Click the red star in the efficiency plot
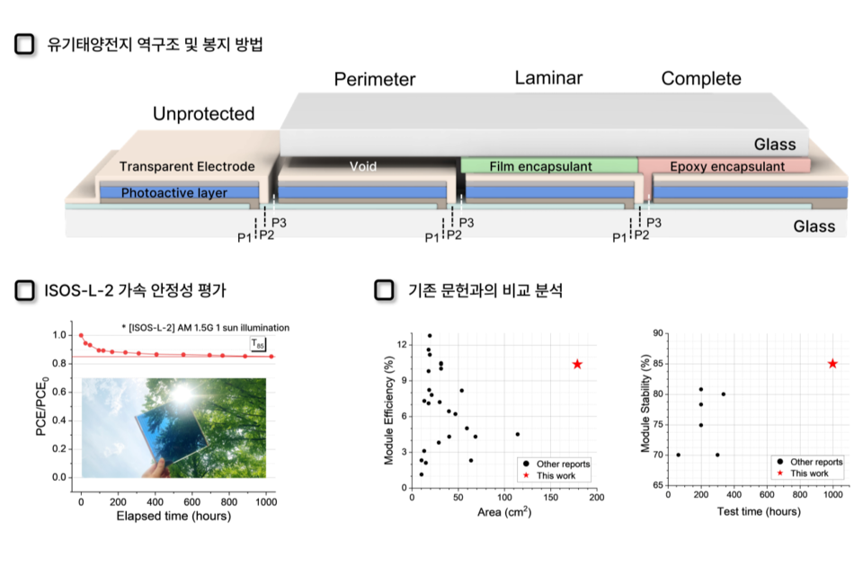click(x=577, y=364)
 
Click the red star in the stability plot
click(x=832, y=364)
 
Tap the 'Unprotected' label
click(x=203, y=114)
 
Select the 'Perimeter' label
click(x=375, y=79)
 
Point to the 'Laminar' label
click(x=548, y=78)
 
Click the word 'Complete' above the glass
click(x=701, y=79)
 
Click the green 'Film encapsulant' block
click(x=548, y=166)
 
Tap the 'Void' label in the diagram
click(x=363, y=166)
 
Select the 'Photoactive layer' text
click(x=173, y=192)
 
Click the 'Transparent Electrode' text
click(x=187, y=166)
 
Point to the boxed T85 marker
click(x=258, y=343)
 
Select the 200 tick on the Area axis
click(x=596, y=496)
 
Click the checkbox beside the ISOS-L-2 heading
click(x=26, y=290)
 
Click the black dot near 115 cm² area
click(x=518, y=434)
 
